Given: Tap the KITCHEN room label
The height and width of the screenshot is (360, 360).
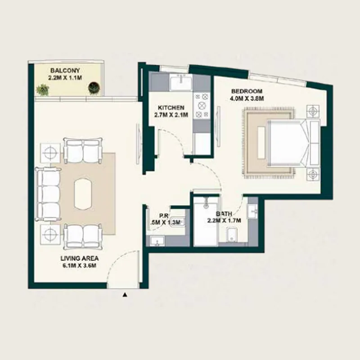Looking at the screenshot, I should coord(171,108).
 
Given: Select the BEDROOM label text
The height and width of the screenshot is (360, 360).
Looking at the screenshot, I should coord(244,90).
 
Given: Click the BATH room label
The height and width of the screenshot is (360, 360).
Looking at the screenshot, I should coord(224,214).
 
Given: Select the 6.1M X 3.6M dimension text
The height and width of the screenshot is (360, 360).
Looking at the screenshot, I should coord(80,266).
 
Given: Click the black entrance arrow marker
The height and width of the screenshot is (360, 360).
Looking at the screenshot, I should coord(125,295).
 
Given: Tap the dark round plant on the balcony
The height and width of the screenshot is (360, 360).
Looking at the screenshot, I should coord(94,87).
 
